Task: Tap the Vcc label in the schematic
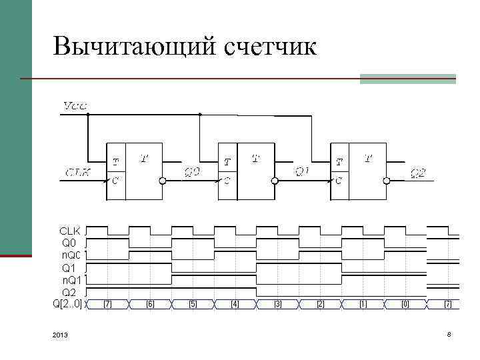pyautogui.click(x=75, y=105)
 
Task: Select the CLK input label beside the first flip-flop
pyautogui.click(x=79, y=172)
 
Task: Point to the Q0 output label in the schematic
pyautogui.click(x=192, y=172)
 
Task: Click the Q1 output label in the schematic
pyautogui.click(x=303, y=171)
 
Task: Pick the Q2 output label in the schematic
pyautogui.click(x=418, y=173)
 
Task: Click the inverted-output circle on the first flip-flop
pyautogui.click(x=163, y=181)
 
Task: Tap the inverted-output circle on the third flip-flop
pyautogui.click(x=387, y=181)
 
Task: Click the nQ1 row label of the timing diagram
pyautogui.click(x=71, y=280)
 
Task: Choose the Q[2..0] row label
pyautogui.click(x=67, y=304)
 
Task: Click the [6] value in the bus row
pyautogui.click(x=150, y=304)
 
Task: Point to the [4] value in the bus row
pyautogui.click(x=235, y=304)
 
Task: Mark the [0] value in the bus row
pyautogui.click(x=405, y=304)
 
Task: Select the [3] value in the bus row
pyautogui.click(x=278, y=304)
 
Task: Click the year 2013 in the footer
pyautogui.click(x=59, y=335)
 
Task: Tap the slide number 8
pyautogui.click(x=449, y=334)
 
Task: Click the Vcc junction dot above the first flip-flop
pyautogui.click(x=87, y=114)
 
